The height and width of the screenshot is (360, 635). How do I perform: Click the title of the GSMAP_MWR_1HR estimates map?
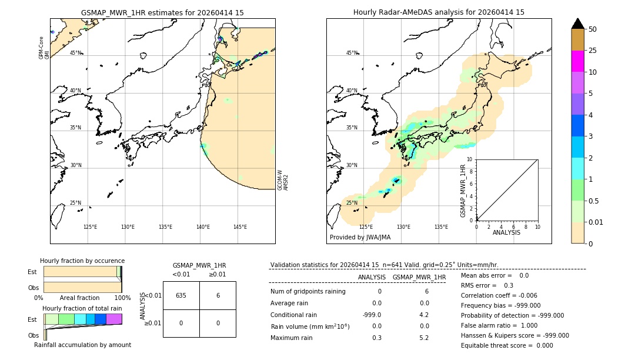pyautogui.click(x=162, y=12)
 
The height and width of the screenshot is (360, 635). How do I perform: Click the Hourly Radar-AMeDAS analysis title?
pyautogui.click(x=439, y=12)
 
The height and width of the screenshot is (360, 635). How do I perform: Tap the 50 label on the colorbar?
pyautogui.click(x=593, y=29)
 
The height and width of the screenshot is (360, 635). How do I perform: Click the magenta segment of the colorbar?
pyautogui.click(x=577, y=61)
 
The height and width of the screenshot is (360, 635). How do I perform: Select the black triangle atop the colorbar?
pyautogui.click(x=577, y=24)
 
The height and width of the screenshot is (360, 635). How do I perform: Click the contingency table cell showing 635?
pyautogui.click(x=181, y=295)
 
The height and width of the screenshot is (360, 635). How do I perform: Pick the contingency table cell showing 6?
pyautogui.click(x=218, y=295)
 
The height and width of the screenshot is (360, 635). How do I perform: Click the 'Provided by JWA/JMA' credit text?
pyautogui.click(x=360, y=237)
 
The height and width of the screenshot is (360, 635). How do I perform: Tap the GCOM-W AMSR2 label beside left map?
pyautogui.click(x=283, y=180)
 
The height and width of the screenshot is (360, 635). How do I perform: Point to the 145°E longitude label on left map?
pyautogui.click(x=240, y=227)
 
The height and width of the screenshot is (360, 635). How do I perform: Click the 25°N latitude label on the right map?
pyautogui.click(x=352, y=203)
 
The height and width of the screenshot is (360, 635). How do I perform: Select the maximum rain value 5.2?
pyautogui.click(x=424, y=338)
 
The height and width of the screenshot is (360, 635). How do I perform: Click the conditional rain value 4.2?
pyautogui.click(x=424, y=315)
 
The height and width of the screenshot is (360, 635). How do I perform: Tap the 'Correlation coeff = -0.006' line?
pyautogui.click(x=499, y=295)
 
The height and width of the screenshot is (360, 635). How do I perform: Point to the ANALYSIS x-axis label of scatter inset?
pyautogui.click(x=506, y=233)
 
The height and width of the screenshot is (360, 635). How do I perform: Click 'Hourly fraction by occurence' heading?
pyautogui.click(x=82, y=261)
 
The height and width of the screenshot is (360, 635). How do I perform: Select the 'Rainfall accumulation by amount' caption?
pyautogui.click(x=82, y=345)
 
